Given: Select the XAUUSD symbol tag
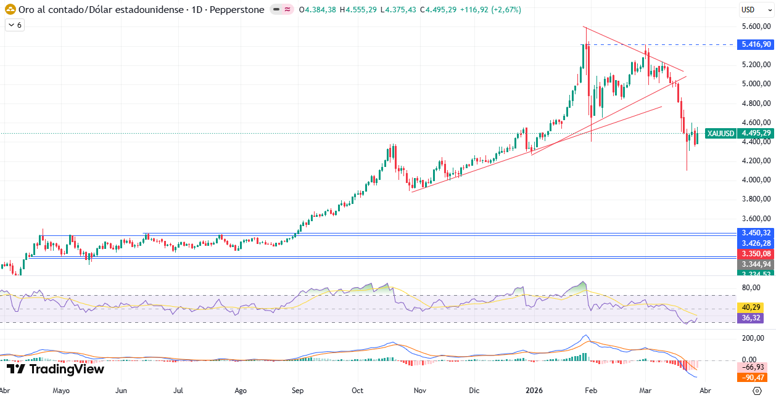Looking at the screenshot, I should [720, 133].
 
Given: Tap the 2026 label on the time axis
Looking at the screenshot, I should [534, 391].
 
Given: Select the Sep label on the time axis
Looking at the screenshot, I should [298, 391].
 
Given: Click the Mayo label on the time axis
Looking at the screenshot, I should [61, 391].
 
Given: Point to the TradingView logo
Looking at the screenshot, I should [56, 369].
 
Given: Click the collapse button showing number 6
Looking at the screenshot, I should [15, 25].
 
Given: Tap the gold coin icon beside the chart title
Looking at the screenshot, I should [10, 10].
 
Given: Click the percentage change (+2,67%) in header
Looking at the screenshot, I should [506, 10].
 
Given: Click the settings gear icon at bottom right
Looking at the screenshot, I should [757, 391].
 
